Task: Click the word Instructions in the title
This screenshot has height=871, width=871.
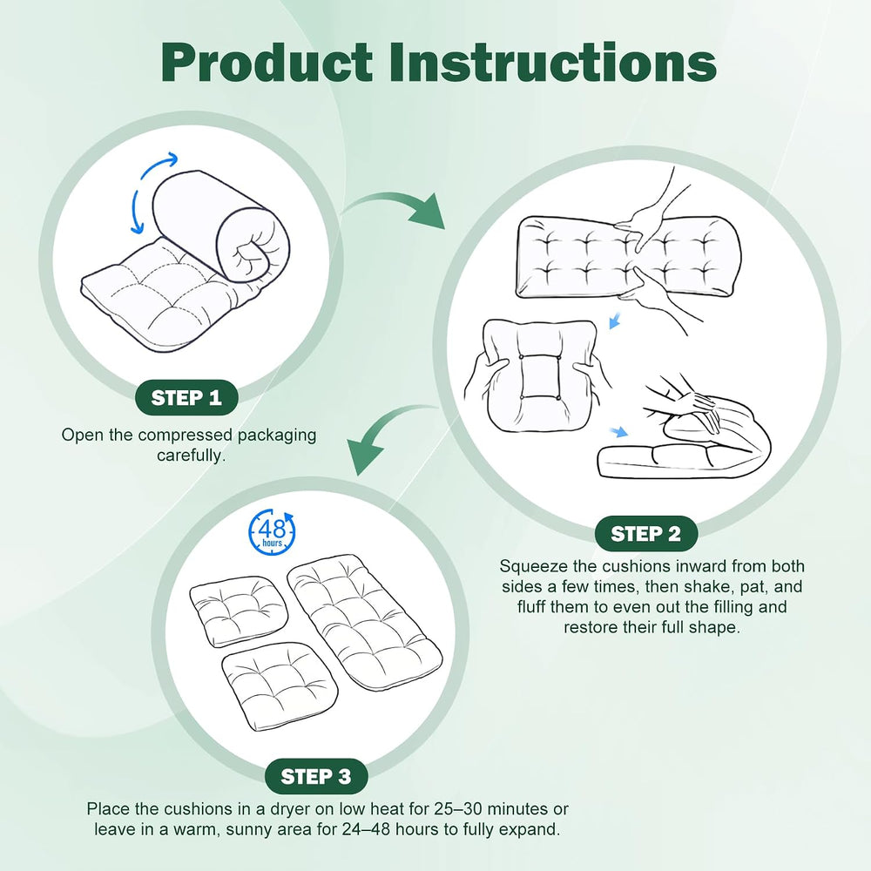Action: click(553, 62)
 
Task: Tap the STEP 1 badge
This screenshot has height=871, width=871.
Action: click(186, 398)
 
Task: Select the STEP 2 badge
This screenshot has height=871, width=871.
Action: click(645, 534)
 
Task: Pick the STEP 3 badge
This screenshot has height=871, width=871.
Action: click(316, 777)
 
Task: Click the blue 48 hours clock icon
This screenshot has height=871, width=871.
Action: click(272, 531)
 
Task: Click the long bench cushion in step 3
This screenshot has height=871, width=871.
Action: click(364, 621)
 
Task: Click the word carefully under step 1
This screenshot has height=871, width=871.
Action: click(191, 456)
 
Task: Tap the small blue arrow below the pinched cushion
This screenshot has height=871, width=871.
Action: click(615, 321)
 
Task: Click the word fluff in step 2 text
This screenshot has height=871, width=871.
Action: click(531, 607)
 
